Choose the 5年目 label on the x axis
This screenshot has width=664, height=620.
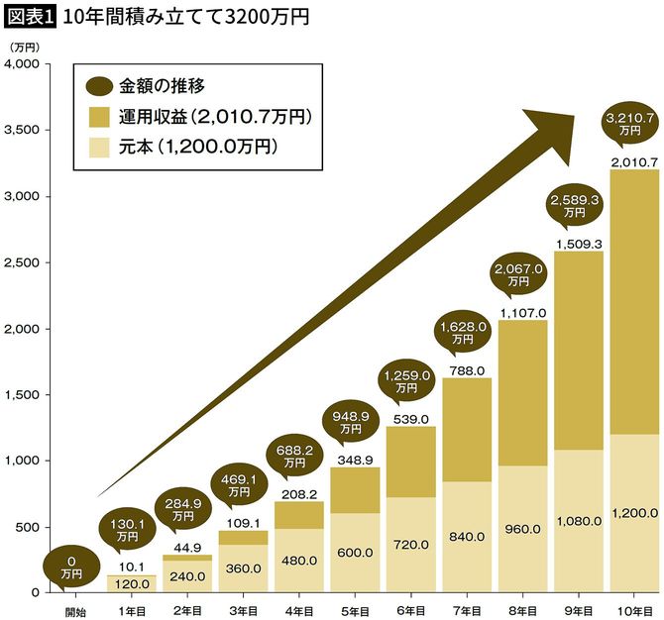(x=351, y=609)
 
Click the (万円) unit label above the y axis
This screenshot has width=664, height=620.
(x=23, y=47)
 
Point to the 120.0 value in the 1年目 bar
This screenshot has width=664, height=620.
(x=132, y=584)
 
